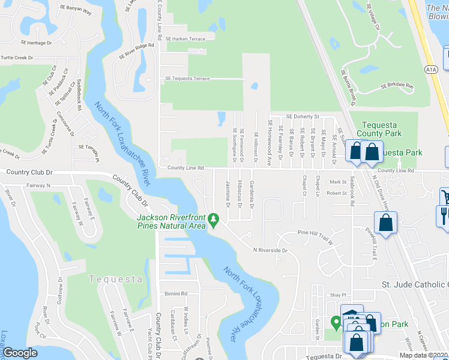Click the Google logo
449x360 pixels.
[x=20, y=353]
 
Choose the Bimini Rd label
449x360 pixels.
[x=176, y=294]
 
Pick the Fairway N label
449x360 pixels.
[x=38, y=186]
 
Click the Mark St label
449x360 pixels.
[x=338, y=182]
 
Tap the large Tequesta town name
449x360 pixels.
[x=115, y=279]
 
